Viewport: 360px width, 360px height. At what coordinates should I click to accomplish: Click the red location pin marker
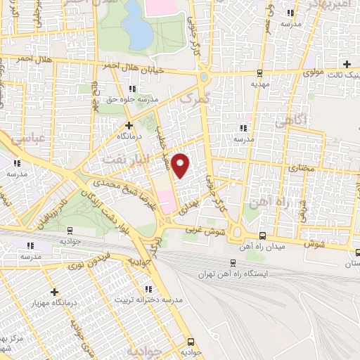click(x=181, y=166)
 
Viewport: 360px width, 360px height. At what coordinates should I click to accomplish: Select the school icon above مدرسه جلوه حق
click(x=132, y=89)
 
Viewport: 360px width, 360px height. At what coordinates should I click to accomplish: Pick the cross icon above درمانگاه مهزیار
click(x=54, y=291)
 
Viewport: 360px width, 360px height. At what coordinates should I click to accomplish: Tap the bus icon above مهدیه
click(x=259, y=72)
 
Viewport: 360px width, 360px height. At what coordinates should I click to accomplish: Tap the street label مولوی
click(x=314, y=72)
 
